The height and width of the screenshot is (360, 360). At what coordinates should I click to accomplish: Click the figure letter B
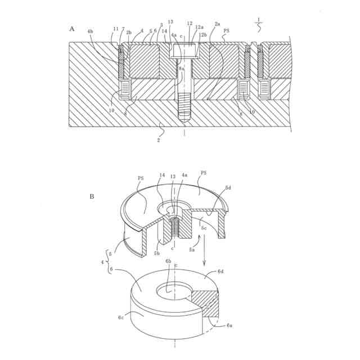92,197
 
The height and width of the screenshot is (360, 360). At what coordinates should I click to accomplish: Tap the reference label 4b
91,33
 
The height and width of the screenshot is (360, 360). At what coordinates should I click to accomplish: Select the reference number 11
116,29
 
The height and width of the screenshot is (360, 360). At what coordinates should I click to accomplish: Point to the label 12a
200,27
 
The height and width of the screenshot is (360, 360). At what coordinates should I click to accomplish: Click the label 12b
202,35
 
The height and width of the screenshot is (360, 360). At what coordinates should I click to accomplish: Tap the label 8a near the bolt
181,68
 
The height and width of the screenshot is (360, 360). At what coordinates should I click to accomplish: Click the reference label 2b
129,33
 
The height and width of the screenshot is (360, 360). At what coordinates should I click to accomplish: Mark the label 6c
121,318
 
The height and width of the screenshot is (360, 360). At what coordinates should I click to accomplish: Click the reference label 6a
229,325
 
